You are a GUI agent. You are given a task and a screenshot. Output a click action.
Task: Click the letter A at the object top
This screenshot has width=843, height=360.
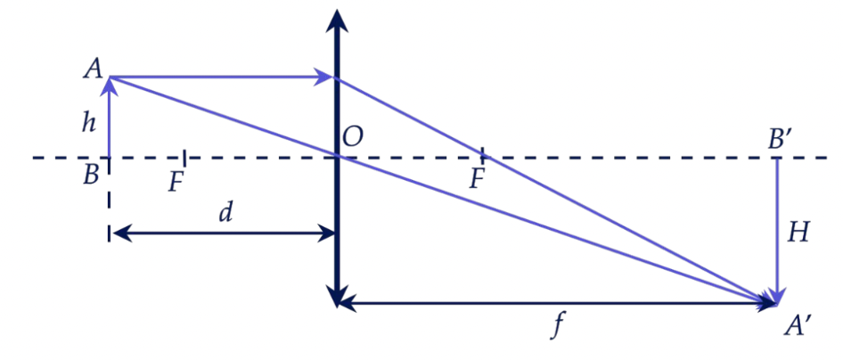tap(92, 70)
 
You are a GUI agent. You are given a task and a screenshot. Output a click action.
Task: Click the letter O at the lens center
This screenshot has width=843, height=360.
tap(352, 138)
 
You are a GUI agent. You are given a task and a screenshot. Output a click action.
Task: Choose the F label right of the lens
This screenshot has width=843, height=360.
tap(478, 179)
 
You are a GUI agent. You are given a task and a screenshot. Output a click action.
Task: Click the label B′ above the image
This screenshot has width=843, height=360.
tap(780, 139)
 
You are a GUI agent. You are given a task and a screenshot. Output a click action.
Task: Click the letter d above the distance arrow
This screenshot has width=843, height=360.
tap(226, 214)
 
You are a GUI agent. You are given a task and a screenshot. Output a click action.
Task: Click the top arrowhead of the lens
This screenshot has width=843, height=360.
tap(337, 21)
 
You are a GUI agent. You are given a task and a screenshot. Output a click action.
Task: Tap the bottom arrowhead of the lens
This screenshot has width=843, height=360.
tap(337, 296)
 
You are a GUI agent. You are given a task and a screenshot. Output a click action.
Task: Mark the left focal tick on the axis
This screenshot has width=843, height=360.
tap(184, 158)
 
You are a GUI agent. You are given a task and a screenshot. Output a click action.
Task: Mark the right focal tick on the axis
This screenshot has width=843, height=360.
tap(482, 155)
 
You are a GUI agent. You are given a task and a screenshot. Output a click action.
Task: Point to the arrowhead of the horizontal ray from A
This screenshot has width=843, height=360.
tap(323, 77)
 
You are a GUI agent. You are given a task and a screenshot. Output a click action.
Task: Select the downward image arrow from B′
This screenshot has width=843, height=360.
tap(776, 232)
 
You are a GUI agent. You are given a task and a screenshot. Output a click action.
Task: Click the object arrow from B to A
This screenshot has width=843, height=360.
tap(110, 118)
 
